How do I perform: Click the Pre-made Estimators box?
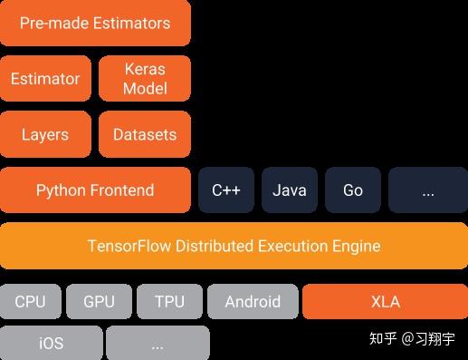tap(95, 23)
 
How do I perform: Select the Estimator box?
tap(45, 79)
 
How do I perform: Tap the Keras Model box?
tap(145, 79)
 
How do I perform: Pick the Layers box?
tap(45, 135)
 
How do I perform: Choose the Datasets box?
tap(145, 135)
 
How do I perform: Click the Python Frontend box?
tap(95, 190)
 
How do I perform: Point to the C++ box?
tap(226, 190)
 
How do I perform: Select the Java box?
tap(290, 190)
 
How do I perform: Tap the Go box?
tap(353, 190)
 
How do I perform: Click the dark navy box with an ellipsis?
tap(428, 190)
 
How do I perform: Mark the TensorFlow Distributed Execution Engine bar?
tap(234, 246)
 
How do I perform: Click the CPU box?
tap(31, 302)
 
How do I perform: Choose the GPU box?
tap(99, 302)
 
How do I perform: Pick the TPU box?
tap(169, 302)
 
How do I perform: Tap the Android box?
tap(253, 302)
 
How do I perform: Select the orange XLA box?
tap(385, 302)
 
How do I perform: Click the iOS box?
tap(51, 345)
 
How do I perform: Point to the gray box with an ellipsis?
tap(158, 345)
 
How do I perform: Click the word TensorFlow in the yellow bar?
tap(130, 246)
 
